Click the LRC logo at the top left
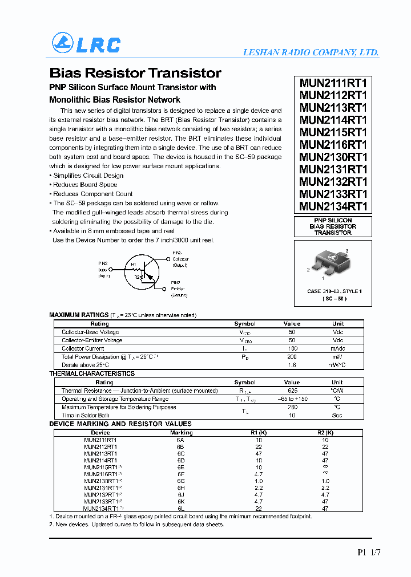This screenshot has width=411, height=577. coord(86,44)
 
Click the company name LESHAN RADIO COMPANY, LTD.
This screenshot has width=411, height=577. coord(311,52)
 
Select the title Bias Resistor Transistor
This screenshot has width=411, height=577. coord(135,73)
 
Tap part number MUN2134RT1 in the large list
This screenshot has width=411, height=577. coord(333,206)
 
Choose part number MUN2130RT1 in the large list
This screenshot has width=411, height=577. coord(333,157)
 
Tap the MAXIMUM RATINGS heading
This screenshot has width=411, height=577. coord(79,315)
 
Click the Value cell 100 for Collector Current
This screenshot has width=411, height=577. coord(292,348)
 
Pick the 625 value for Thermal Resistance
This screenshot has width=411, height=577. coord(292,391)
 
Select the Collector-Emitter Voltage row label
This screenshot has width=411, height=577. coord(92,340)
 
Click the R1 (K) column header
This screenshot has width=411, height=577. coord(259,433)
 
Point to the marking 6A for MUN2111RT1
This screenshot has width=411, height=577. coord(181,440)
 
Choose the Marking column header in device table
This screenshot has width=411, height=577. coord(182,433)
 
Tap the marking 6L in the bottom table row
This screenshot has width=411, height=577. coord(181,508)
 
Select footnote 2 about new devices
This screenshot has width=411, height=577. coord(136,525)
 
